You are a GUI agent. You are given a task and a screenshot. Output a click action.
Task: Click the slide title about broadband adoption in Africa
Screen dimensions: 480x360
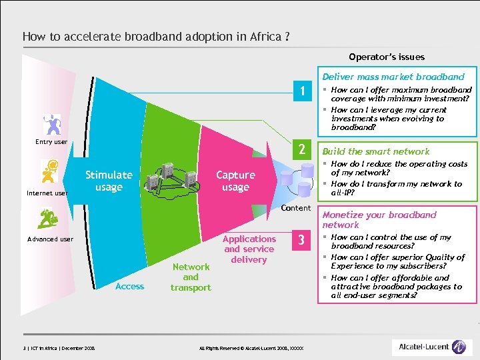click(x=156, y=37)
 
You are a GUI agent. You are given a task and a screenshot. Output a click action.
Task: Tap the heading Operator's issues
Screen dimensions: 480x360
click(x=387, y=57)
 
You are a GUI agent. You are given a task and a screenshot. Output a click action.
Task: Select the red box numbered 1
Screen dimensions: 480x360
click(x=302, y=92)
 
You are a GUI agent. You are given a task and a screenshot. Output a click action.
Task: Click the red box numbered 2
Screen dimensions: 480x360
click(x=302, y=150)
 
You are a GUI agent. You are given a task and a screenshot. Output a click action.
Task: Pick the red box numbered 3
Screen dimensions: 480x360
click(x=302, y=240)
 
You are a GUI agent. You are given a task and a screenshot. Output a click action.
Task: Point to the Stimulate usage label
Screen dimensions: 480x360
click(x=109, y=181)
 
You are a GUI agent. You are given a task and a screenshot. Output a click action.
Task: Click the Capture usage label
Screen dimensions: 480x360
click(x=235, y=181)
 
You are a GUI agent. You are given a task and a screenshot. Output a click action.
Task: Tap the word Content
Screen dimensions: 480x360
click(x=296, y=208)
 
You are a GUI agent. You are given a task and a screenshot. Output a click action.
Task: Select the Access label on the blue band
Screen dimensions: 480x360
click(x=129, y=286)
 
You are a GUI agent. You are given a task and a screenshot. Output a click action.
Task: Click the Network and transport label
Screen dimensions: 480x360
click(x=191, y=277)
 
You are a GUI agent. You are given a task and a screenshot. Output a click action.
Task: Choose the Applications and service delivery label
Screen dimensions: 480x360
click(x=249, y=249)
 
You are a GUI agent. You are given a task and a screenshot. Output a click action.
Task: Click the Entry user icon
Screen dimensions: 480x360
click(x=51, y=125)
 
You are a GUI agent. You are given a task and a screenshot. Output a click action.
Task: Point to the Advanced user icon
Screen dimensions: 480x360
click(x=49, y=218)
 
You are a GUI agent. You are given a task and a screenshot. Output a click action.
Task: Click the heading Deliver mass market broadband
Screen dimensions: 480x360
click(x=393, y=77)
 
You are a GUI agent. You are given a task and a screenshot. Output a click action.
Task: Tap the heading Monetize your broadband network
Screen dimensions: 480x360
click(x=379, y=219)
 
